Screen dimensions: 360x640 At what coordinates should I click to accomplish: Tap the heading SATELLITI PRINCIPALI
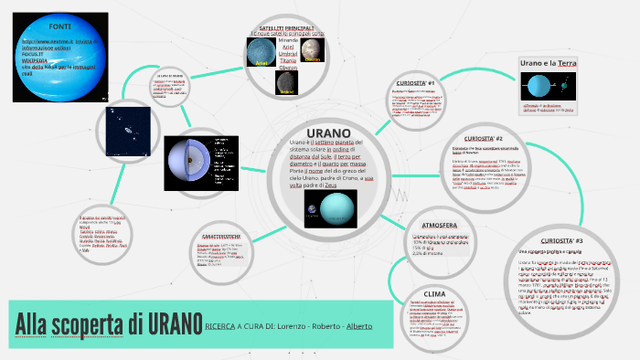coord(287,29)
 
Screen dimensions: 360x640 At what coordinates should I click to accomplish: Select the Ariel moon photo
coord(261,54)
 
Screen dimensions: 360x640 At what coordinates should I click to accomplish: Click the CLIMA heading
coord(433,293)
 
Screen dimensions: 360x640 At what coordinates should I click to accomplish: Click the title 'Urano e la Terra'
coord(548,62)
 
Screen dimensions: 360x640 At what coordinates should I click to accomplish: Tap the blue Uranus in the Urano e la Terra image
coord(536,87)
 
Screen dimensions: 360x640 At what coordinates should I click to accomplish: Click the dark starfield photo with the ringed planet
coord(128,130)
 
